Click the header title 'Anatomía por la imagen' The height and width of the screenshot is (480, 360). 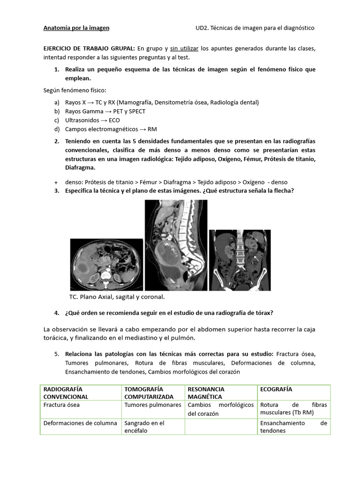tap(76, 28)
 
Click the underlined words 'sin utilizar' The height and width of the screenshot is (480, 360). tap(185, 48)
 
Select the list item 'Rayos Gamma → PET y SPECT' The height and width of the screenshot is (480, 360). tap(105, 111)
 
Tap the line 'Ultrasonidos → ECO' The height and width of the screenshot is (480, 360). tap(92, 120)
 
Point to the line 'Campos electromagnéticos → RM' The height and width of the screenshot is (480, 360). tap(111, 129)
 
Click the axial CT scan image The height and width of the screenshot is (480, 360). tap(106, 264)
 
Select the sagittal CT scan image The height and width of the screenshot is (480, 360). tap(175, 245)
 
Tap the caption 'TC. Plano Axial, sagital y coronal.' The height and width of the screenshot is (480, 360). tap(117, 297)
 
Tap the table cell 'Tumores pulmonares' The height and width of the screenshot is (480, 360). tap(153, 405)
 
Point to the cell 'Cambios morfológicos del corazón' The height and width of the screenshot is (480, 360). tap(220, 409)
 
